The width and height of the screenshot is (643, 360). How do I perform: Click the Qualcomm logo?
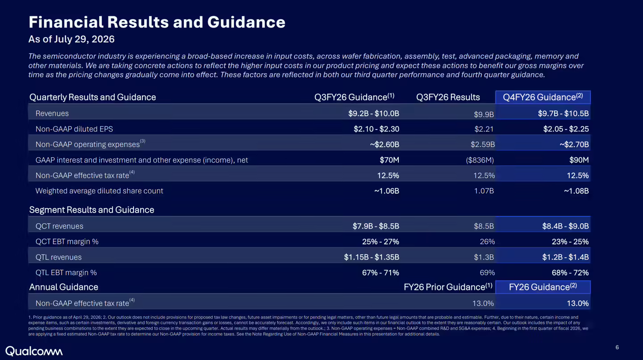click(34, 351)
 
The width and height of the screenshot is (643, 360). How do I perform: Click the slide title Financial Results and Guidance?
click(157, 22)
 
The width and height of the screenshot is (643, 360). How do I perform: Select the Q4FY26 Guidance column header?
click(543, 97)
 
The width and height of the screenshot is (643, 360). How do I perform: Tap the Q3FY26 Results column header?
click(448, 97)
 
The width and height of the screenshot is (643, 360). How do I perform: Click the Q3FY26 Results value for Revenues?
click(484, 114)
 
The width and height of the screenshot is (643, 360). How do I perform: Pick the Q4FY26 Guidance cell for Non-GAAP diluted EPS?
click(566, 129)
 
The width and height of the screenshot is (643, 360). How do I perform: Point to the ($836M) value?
click(480, 160)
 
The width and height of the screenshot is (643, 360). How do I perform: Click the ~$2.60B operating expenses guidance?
click(384, 144)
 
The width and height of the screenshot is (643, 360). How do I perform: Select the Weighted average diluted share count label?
click(99, 191)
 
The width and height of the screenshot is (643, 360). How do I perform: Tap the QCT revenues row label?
click(59, 226)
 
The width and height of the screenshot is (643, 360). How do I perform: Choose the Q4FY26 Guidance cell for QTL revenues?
click(565, 257)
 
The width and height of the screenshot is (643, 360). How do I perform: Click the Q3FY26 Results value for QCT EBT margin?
click(487, 242)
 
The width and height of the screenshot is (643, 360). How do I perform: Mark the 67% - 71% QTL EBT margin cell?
click(380, 272)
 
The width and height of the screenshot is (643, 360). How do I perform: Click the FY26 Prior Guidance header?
click(448, 287)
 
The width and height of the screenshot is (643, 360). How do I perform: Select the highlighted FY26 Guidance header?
click(543, 287)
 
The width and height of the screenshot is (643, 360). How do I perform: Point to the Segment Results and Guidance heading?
click(92, 210)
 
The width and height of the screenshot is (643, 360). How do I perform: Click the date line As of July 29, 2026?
click(71, 39)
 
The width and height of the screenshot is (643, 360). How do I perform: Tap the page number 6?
click(617, 347)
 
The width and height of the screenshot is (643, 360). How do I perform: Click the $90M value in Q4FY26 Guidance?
click(579, 160)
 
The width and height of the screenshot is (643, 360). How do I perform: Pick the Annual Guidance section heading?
click(63, 287)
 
